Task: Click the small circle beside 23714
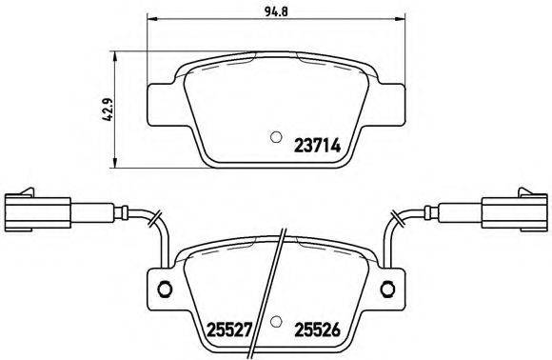coord(277,135)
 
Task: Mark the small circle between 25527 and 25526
coord(275,321)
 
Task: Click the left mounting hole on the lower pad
coord(164,290)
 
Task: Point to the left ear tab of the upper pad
coord(163,99)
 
